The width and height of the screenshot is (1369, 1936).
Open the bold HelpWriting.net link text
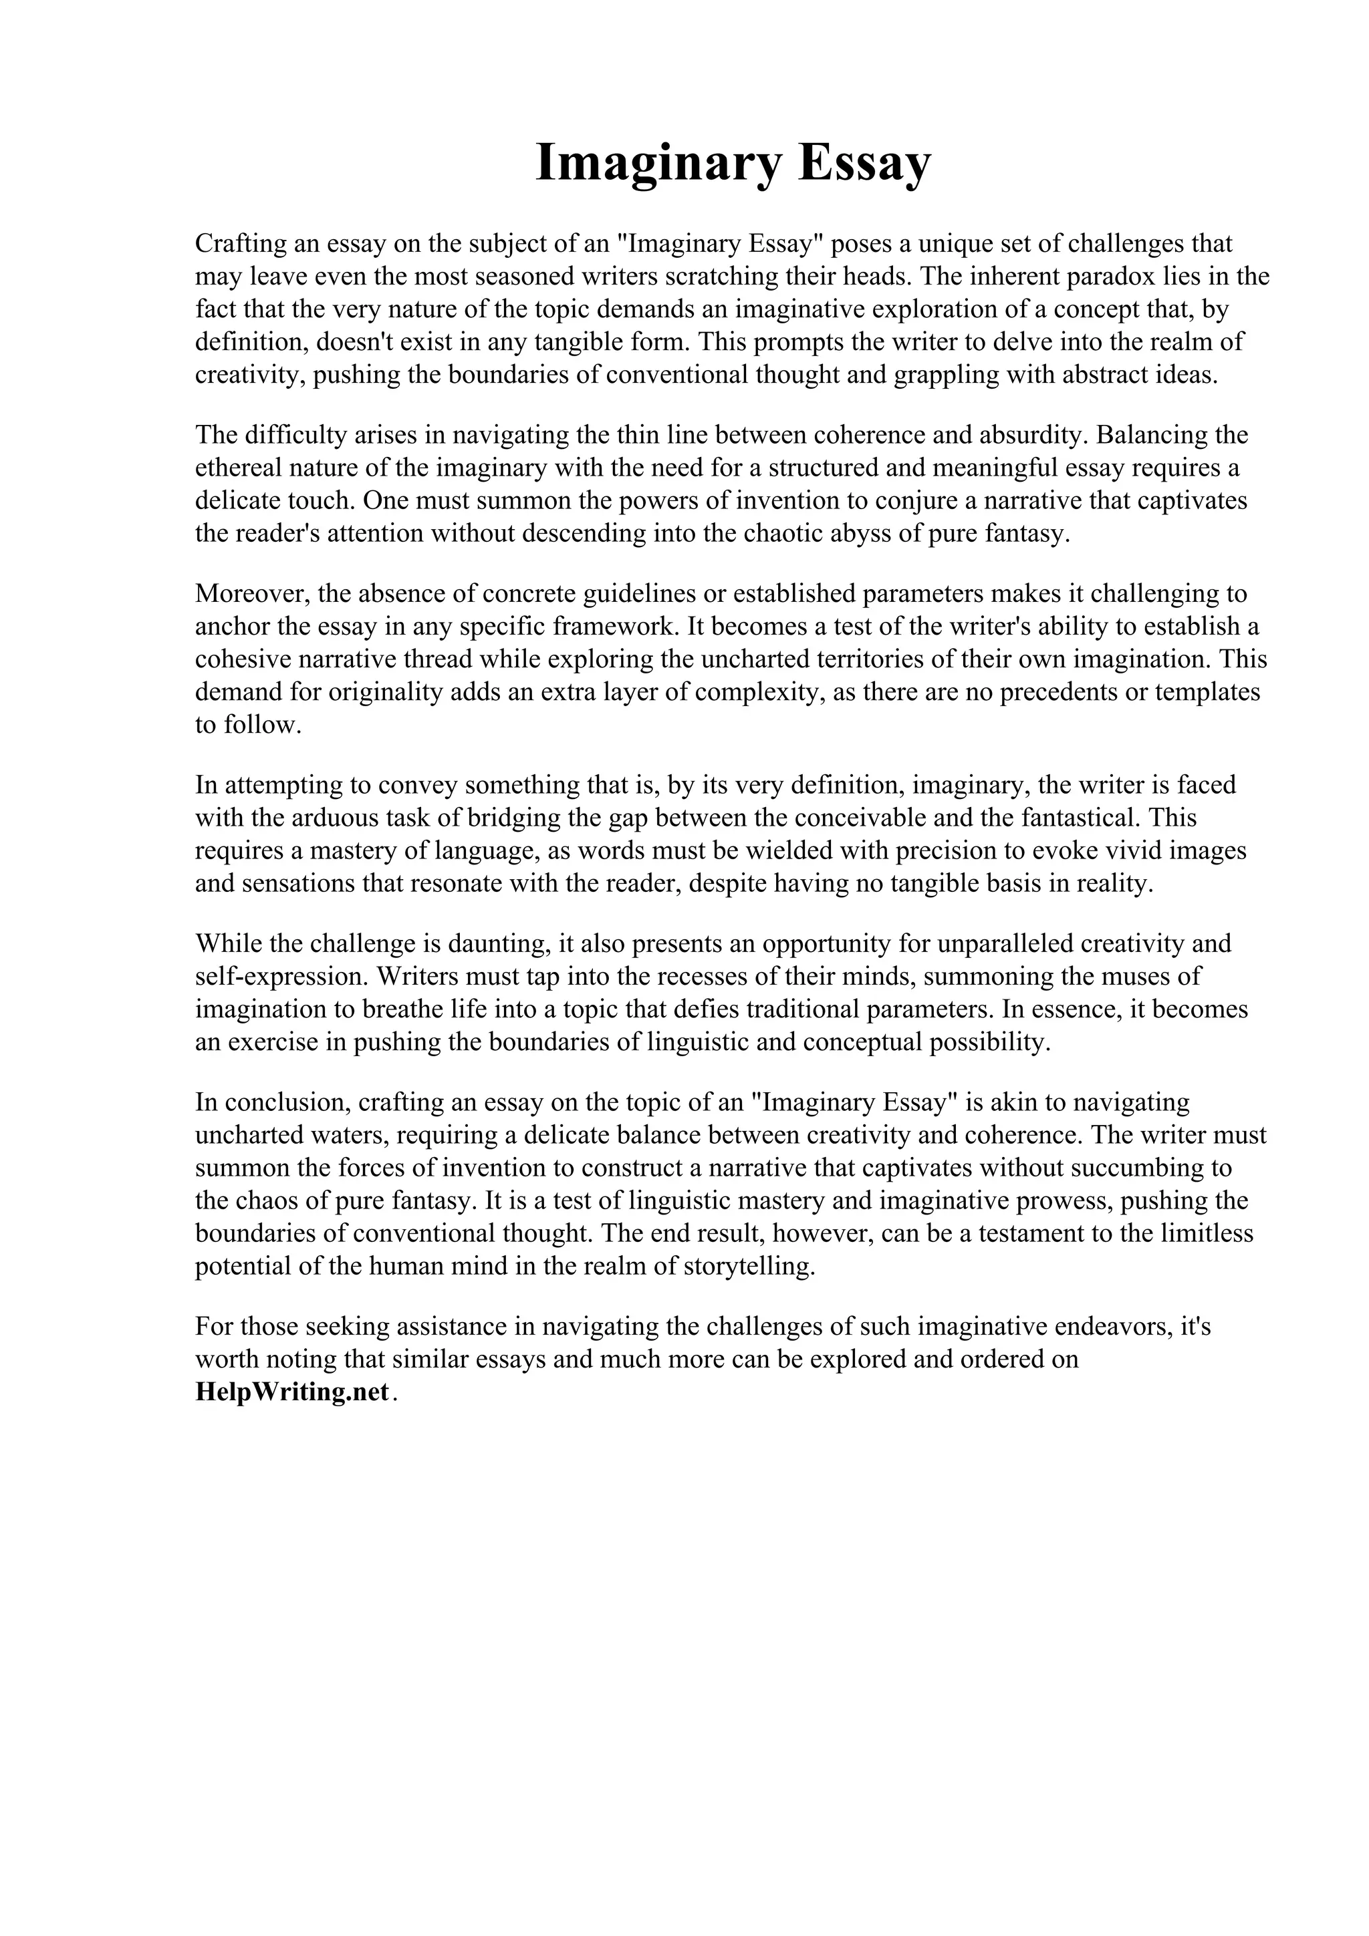(x=293, y=1392)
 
